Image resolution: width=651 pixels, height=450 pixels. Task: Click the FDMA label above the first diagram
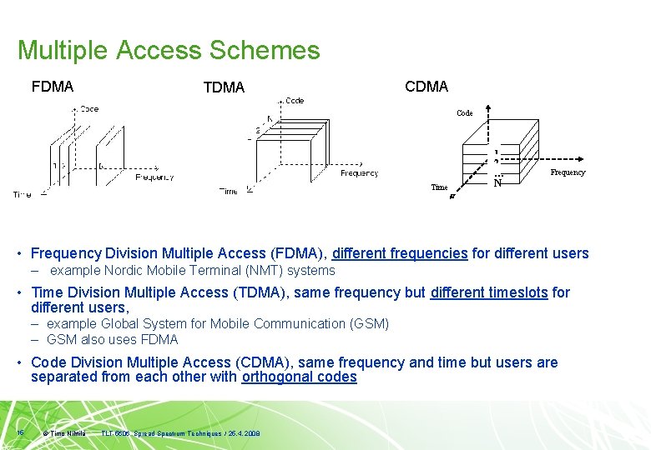point(53,86)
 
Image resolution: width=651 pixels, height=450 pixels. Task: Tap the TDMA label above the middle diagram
point(224,87)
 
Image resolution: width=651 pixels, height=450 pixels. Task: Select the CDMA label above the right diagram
point(426,87)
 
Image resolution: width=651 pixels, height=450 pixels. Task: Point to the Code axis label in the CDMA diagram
point(465,112)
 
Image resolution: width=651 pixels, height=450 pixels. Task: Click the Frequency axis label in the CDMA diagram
point(568,172)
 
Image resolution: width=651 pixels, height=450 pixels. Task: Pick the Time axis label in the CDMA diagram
point(439,187)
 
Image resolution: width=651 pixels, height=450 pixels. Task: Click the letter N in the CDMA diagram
point(497,183)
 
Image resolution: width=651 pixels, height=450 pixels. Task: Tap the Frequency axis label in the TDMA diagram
point(359,173)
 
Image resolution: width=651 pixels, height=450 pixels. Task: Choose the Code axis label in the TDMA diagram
point(295,101)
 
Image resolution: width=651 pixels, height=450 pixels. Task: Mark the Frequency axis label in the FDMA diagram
point(154,177)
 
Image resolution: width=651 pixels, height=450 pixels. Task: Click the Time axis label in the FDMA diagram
point(23,194)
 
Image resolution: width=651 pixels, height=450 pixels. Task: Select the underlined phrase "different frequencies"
point(400,253)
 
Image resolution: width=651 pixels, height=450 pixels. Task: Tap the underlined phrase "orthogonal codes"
point(299,377)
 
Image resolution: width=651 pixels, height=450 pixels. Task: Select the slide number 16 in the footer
point(20,432)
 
